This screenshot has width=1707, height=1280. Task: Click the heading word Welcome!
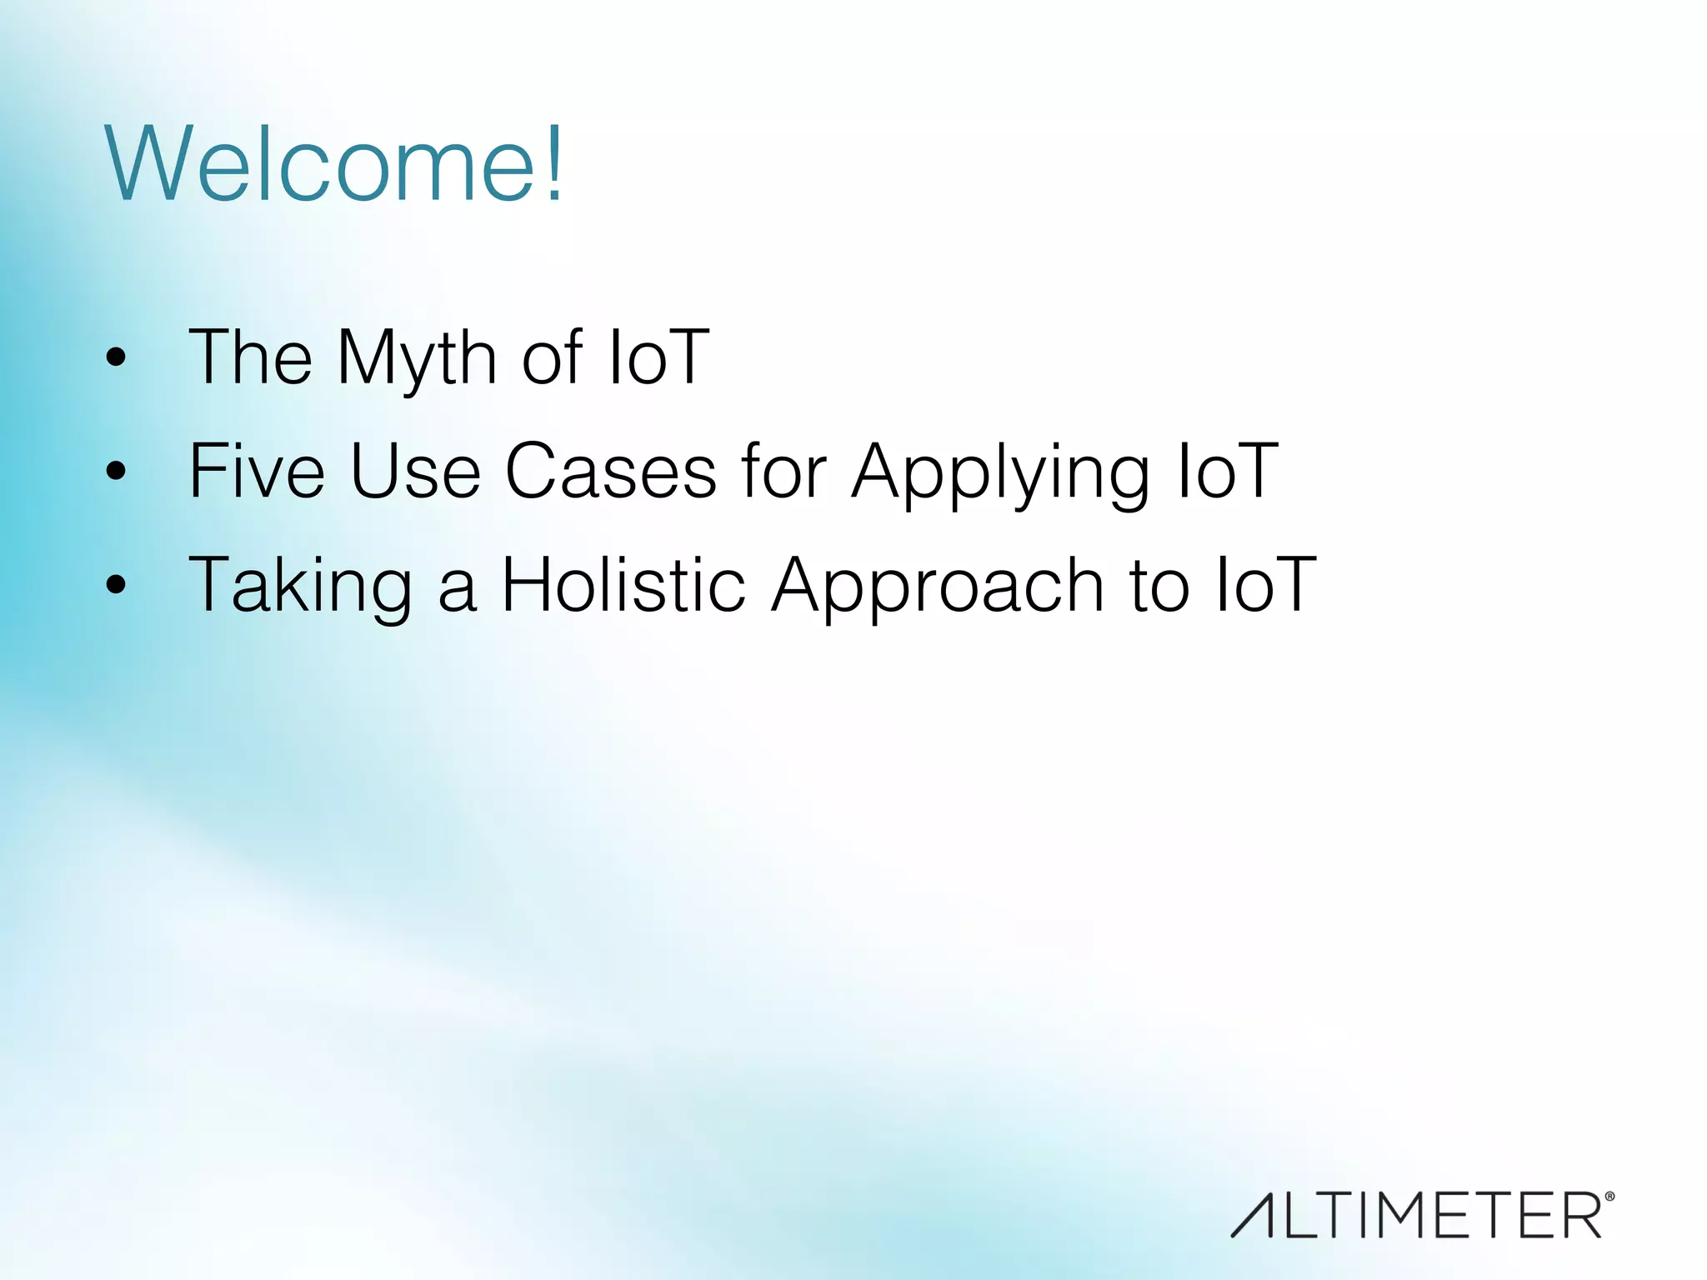click(x=333, y=163)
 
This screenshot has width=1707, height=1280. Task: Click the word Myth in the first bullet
click(x=417, y=358)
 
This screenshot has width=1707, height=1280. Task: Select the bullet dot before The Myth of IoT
click(x=116, y=358)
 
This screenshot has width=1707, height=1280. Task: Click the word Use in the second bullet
click(x=415, y=471)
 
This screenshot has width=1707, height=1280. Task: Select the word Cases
click(x=611, y=471)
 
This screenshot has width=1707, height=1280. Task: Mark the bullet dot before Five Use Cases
click(x=116, y=472)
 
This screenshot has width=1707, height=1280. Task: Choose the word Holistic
click(x=623, y=585)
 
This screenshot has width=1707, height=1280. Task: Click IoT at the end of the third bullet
click(x=1266, y=585)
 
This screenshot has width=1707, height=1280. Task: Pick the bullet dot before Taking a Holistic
click(x=116, y=585)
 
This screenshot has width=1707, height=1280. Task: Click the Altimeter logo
click(x=1417, y=1215)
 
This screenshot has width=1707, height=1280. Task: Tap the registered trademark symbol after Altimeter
click(x=1609, y=1197)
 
